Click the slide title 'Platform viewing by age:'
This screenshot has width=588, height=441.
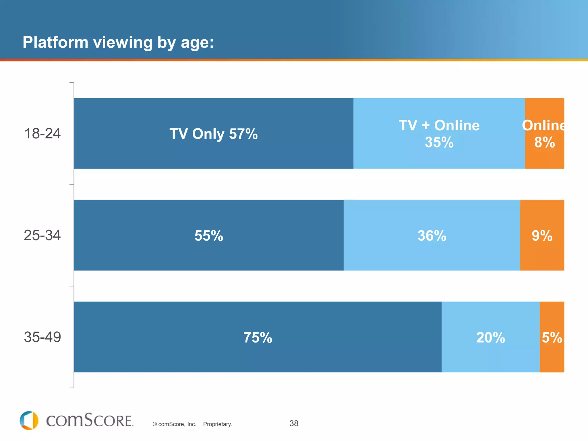(x=118, y=42)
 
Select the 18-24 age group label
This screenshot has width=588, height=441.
(x=42, y=134)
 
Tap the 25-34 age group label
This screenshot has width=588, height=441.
(x=42, y=235)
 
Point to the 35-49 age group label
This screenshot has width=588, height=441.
(x=42, y=337)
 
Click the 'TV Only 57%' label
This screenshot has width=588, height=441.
(x=213, y=134)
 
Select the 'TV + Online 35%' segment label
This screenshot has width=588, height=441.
(x=439, y=134)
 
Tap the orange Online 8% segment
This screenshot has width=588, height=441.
(x=544, y=134)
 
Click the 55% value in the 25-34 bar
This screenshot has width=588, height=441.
(x=209, y=236)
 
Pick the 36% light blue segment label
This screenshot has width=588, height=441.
(x=432, y=236)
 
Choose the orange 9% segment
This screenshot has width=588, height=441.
(x=542, y=236)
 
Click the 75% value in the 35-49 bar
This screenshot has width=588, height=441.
(x=258, y=337)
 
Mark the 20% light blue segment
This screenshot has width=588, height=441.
(x=490, y=337)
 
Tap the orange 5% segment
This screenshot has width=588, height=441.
(x=552, y=337)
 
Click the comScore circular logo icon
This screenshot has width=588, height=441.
(x=29, y=421)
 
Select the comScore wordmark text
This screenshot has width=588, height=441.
(x=90, y=421)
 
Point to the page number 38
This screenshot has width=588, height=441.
(x=294, y=423)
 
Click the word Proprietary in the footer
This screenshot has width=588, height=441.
(x=217, y=424)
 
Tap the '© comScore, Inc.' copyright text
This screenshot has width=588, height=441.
(x=174, y=424)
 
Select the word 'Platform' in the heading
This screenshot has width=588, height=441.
(x=55, y=42)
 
